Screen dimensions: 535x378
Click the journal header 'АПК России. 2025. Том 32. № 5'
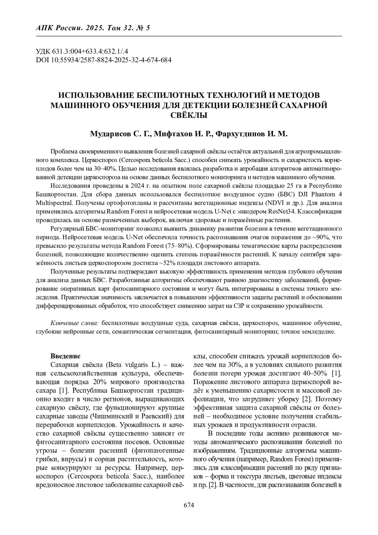pyautogui.click(x=93, y=28)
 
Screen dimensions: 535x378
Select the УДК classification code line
pyautogui.click(x=84, y=51)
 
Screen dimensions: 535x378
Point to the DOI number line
pyautogui.click(x=104, y=60)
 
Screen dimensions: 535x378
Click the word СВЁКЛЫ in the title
pyautogui.click(x=189, y=115)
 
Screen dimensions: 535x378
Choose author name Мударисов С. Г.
pyautogui.click(x=121, y=134)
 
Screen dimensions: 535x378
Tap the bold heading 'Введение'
pyautogui.click(x=66, y=356)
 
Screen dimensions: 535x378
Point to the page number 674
pyautogui.click(x=189, y=505)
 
